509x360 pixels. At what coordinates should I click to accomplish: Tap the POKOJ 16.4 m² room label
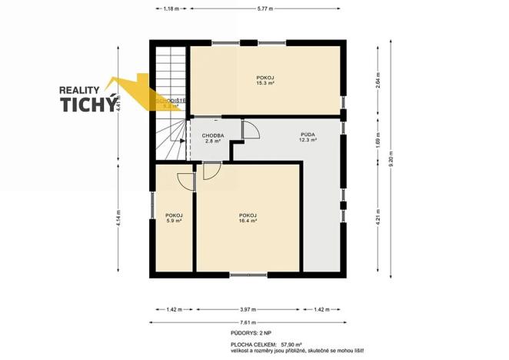[248, 218]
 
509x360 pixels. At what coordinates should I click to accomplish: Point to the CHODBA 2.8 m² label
[212, 138]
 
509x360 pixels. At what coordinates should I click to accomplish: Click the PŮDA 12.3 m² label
[308, 137]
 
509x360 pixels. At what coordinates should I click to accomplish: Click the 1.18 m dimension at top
[171, 8]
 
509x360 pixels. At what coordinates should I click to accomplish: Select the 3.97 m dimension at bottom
[248, 310]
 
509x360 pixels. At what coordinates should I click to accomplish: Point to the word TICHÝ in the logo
[91, 105]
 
